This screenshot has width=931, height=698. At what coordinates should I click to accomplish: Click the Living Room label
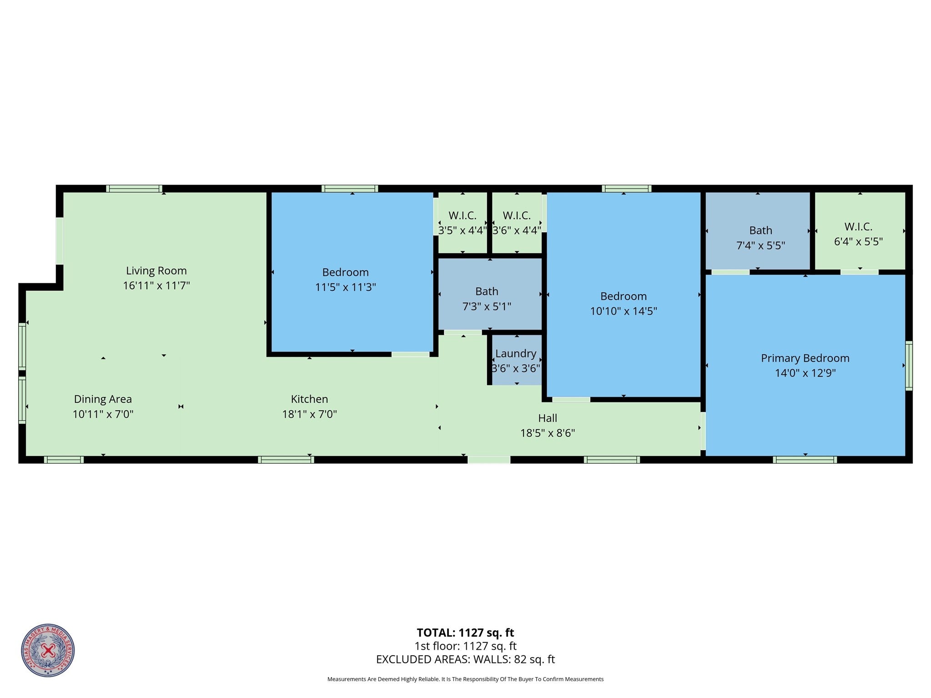point(156,271)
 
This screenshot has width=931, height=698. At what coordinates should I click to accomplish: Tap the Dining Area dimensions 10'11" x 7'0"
point(103,414)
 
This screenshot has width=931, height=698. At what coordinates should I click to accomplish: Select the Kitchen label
point(309,399)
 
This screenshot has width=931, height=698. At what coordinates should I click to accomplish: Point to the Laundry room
point(516,361)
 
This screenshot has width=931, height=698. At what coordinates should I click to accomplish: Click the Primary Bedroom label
point(805,358)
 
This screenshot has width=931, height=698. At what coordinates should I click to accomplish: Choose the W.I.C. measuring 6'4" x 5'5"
point(858,234)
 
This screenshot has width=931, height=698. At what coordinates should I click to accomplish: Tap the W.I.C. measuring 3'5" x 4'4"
point(462,223)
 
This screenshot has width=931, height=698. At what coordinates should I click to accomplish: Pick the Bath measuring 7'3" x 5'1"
point(487,299)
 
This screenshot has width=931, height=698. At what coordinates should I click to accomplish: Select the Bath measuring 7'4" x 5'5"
point(760,238)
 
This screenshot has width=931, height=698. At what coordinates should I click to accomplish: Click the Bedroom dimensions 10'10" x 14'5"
point(623,311)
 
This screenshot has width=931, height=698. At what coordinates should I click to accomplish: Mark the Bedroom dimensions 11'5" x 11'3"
point(345,287)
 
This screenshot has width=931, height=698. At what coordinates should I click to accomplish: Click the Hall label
point(547,418)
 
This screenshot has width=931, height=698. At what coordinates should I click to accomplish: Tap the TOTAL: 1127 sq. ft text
point(465,633)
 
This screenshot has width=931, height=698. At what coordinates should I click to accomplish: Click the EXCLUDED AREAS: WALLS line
point(465,659)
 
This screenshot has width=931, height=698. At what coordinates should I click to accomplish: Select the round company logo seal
point(48,650)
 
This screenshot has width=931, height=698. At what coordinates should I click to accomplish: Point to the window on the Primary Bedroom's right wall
point(908,366)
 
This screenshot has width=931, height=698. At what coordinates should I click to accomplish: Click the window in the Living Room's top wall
point(134,189)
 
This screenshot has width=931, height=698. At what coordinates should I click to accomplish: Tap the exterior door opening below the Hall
point(489,460)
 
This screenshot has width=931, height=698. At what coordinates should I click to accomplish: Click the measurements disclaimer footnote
point(465,679)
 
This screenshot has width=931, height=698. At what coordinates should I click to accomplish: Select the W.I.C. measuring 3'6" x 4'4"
point(517,223)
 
